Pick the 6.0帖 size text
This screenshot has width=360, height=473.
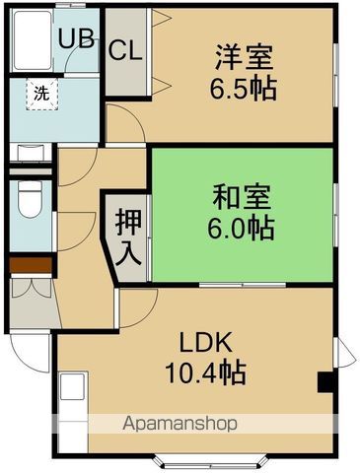(240, 230)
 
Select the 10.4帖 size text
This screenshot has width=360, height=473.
(205, 373)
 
